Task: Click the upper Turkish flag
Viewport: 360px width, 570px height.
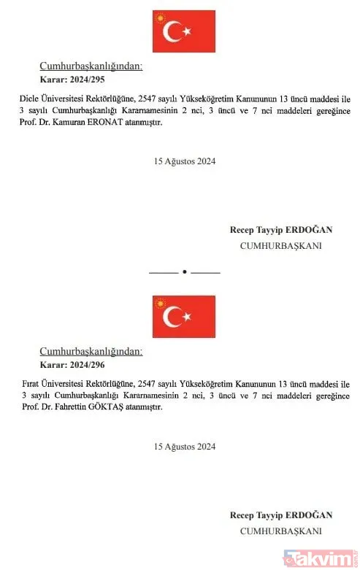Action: pos(184,31)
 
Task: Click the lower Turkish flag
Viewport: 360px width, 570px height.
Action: pos(184,316)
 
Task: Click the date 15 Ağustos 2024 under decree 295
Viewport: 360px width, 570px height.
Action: pos(185,161)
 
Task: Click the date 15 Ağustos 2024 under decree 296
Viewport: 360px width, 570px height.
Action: pos(185,446)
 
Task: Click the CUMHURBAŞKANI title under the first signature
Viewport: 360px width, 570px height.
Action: pos(280,246)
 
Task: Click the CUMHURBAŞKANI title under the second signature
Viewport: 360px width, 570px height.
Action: pos(280,531)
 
